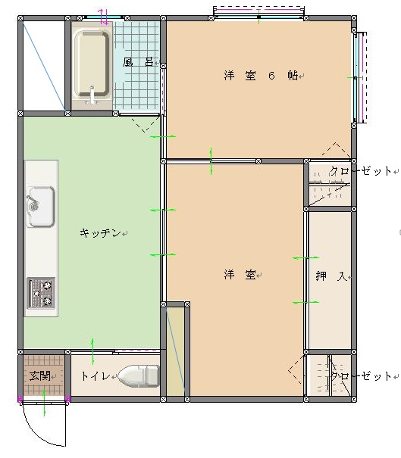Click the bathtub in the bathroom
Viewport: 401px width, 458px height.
(x=92, y=65)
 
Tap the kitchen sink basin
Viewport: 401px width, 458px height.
(x=41, y=207)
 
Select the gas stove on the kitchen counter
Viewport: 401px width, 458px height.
(x=41, y=293)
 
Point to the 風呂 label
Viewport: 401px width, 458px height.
(x=138, y=62)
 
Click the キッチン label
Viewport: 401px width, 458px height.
(x=100, y=233)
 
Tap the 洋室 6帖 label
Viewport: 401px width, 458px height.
(x=261, y=76)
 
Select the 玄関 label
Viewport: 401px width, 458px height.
(x=39, y=375)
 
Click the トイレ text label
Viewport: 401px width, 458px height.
(x=96, y=376)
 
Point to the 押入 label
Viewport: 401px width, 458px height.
(x=331, y=276)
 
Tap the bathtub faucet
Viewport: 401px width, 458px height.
(x=92, y=95)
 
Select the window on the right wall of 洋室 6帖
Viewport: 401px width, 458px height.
(x=359, y=77)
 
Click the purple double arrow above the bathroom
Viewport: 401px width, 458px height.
(x=103, y=17)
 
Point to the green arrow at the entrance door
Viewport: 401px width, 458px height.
(x=44, y=403)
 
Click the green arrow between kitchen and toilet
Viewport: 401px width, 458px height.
(x=92, y=351)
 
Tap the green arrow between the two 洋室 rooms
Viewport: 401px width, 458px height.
(x=211, y=161)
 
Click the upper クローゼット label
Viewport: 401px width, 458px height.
(x=361, y=171)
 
